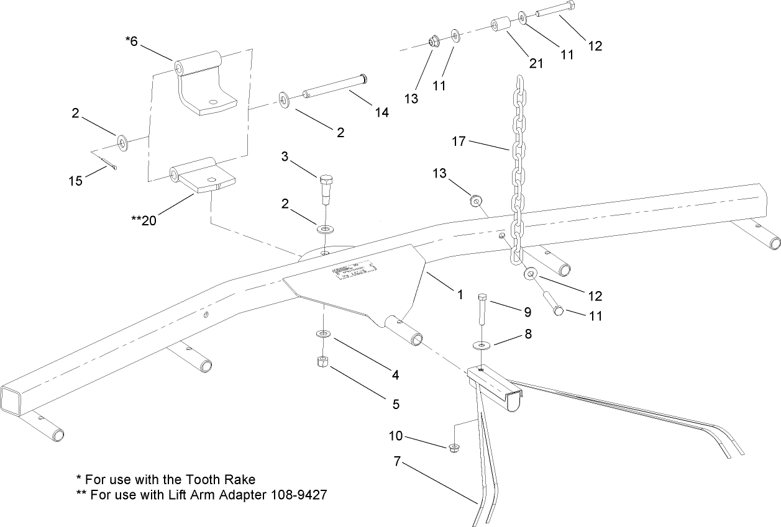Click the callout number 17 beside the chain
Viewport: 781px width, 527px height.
(x=459, y=142)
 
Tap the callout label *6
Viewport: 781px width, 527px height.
(x=133, y=42)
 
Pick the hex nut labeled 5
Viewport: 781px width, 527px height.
(x=322, y=362)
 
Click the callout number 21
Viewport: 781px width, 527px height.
(x=535, y=63)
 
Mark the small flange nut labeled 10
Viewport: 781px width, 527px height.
(x=454, y=446)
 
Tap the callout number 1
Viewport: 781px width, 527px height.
(x=460, y=295)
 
